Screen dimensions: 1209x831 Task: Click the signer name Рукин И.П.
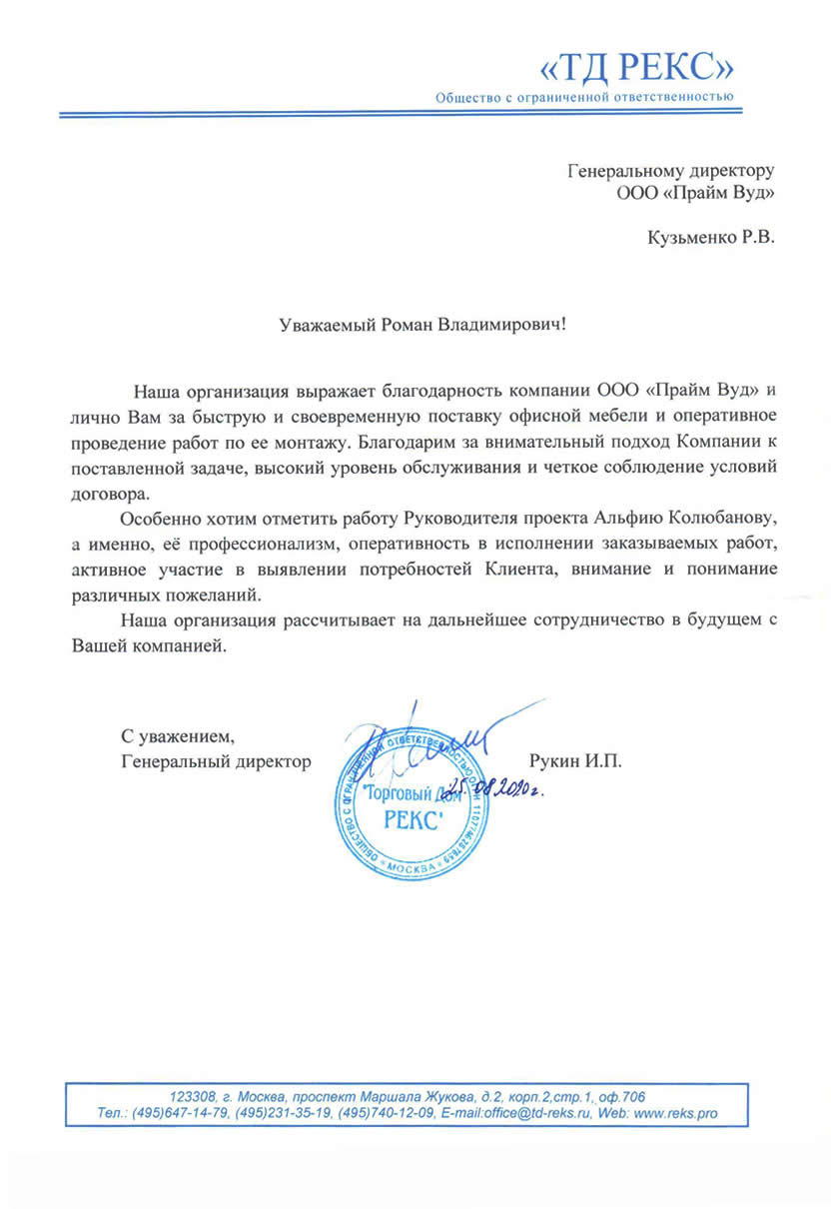click(576, 762)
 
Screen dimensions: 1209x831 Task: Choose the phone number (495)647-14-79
click(179, 1113)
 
